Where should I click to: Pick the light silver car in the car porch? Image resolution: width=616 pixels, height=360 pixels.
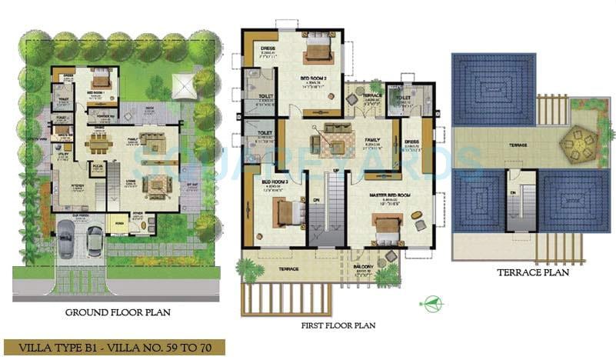click(95, 240)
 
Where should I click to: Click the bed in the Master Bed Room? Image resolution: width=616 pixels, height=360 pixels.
click(388, 225)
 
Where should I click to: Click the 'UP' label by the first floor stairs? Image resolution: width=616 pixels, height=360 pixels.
click(335, 169)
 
